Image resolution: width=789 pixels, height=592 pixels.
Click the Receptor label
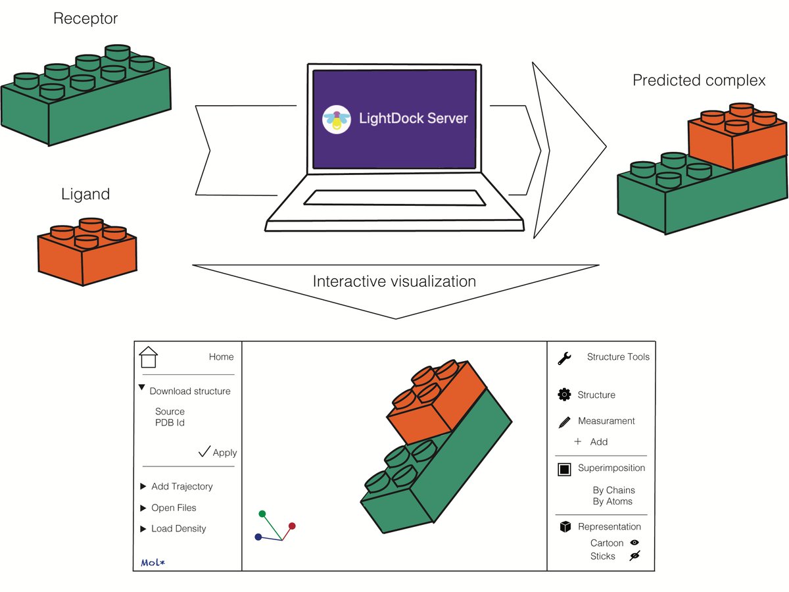click(85, 18)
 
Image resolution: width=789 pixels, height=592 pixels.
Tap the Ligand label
click(85, 194)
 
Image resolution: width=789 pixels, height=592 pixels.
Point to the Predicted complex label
click(699, 80)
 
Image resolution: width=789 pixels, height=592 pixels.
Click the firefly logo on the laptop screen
click(336, 119)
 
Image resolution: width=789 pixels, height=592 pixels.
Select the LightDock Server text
click(414, 118)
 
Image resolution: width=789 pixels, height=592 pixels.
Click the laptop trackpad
click(394, 198)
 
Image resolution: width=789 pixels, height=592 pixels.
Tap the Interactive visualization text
click(394, 281)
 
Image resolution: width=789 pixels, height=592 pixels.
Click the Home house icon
click(148, 357)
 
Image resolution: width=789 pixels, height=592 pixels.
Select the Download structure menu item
click(190, 391)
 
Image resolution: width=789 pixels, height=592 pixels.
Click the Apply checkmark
click(204, 451)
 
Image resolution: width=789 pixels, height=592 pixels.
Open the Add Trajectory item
click(182, 486)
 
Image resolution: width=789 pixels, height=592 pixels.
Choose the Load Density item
click(179, 528)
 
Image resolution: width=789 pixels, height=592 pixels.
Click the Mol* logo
click(153, 562)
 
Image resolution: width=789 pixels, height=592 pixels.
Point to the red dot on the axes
click(292, 526)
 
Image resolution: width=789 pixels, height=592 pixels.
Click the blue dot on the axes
click(258, 537)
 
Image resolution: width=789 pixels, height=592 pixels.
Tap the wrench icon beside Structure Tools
click(564, 358)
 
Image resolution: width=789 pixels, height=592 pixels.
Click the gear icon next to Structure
click(564, 394)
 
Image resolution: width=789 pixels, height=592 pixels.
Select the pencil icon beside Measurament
click(565, 422)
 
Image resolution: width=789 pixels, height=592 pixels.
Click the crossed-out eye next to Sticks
click(634, 556)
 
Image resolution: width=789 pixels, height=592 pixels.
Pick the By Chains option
click(614, 490)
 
